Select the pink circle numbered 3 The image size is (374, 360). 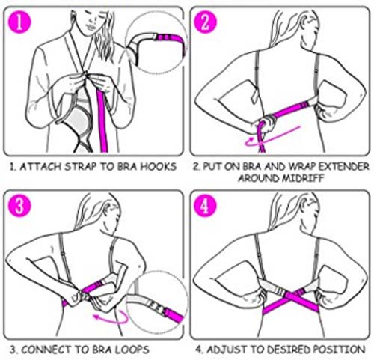coord(19,205)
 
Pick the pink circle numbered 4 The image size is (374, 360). coord(205,205)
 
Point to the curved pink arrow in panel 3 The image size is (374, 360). coord(111,317)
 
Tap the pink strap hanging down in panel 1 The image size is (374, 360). coord(102,120)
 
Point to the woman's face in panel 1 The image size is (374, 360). coord(91,21)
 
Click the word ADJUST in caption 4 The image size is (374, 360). coord(222,349)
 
